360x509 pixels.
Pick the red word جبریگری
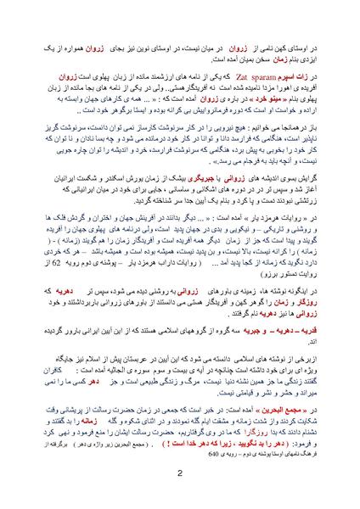click(x=224, y=156)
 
